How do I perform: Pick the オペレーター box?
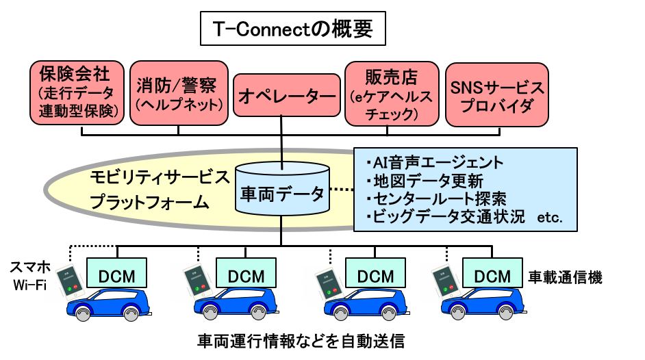click(288, 98)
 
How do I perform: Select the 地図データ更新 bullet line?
click(425, 181)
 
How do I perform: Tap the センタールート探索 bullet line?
click(436, 199)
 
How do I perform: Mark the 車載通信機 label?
click(565, 277)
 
